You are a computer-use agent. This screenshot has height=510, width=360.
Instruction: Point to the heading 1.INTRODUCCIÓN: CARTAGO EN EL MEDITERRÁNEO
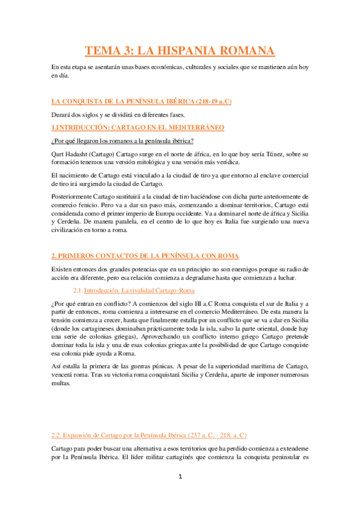pyautogui.click(x=138, y=127)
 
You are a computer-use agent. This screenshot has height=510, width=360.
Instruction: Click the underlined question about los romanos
pyautogui.click(x=122, y=141)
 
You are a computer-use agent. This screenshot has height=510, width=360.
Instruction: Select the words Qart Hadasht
pyautogui.click(x=69, y=155)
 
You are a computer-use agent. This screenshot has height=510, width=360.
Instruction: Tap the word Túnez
pyautogui.click(x=265, y=155)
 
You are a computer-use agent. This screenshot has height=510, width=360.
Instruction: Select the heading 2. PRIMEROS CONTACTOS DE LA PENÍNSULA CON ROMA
pyautogui.click(x=144, y=256)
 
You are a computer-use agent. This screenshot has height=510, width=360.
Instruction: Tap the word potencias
pyautogui.click(x=136, y=270)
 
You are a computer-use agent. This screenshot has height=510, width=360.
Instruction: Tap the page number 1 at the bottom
pyautogui.click(x=180, y=493)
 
